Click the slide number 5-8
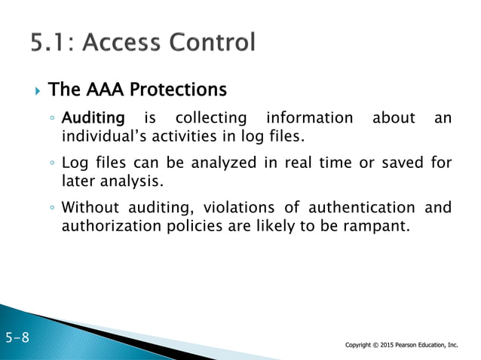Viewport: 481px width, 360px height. (17, 337)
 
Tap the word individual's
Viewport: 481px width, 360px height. (101, 136)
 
